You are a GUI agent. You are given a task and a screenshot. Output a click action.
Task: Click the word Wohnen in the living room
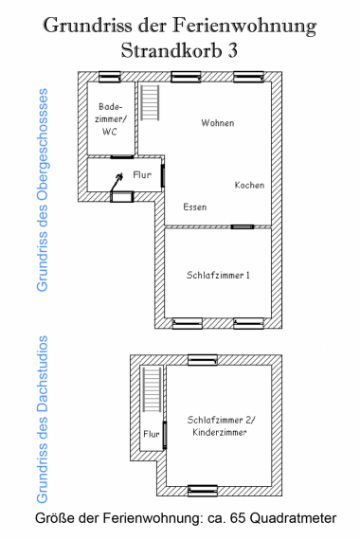click(x=218, y=123)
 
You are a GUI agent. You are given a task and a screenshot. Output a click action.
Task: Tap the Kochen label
click(x=250, y=186)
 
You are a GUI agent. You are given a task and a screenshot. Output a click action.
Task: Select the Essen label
click(x=195, y=207)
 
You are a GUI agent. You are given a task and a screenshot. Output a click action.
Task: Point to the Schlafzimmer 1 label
click(x=218, y=275)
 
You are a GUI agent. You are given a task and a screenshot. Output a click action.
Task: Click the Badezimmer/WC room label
click(x=111, y=118)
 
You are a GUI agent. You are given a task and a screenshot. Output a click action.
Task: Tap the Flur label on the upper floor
click(x=142, y=175)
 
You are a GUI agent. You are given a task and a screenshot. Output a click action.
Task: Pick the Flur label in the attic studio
click(x=152, y=434)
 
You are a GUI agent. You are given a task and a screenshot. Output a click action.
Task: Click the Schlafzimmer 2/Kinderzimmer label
click(x=220, y=426)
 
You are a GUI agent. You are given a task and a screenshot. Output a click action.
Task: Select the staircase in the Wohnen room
click(x=150, y=102)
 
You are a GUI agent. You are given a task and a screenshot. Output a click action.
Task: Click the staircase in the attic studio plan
click(x=153, y=389)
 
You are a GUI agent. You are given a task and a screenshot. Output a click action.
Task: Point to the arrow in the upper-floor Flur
click(x=117, y=183)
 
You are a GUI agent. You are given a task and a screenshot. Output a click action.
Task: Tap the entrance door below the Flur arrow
click(x=121, y=197)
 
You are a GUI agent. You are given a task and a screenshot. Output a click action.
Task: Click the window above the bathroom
click(x=110, y=77)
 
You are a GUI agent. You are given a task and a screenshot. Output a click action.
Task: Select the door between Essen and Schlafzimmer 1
click(x=243, y=226)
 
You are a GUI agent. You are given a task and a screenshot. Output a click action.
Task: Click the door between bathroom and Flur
click(x=122, y=157)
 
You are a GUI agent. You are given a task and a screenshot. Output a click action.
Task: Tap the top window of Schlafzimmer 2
click(x=203, y=360)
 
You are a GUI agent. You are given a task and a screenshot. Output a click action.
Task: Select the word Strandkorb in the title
click(x=171, y=50)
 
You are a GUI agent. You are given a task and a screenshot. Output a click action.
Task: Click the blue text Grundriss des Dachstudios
click(x=42, y=420)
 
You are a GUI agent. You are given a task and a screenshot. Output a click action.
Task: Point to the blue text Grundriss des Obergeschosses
click(x=43, y=190)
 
